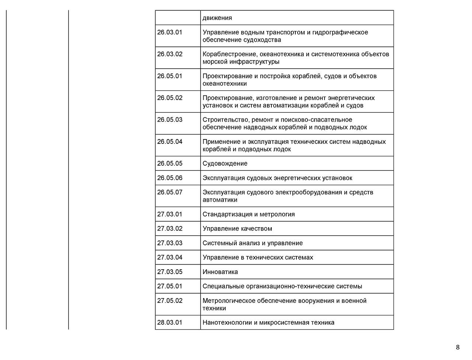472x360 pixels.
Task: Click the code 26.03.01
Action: (170, 32)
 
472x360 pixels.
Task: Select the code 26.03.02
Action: (170, 54)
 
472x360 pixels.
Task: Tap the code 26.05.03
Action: (170, 120)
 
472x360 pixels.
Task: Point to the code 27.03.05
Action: (170, 272)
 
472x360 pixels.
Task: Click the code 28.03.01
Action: (170, 322)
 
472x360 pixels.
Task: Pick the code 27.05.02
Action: (170, 301)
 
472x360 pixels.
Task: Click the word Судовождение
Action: (225, 163)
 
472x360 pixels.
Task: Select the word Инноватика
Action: (220, 272)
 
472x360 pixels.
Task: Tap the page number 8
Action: (458, 347)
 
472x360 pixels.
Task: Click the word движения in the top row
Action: (217, 18)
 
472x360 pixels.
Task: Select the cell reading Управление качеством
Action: (237, 229)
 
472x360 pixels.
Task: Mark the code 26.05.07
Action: (170, 193)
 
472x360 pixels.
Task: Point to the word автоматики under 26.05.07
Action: (220, 200)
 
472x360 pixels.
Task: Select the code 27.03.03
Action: (170, 243)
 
